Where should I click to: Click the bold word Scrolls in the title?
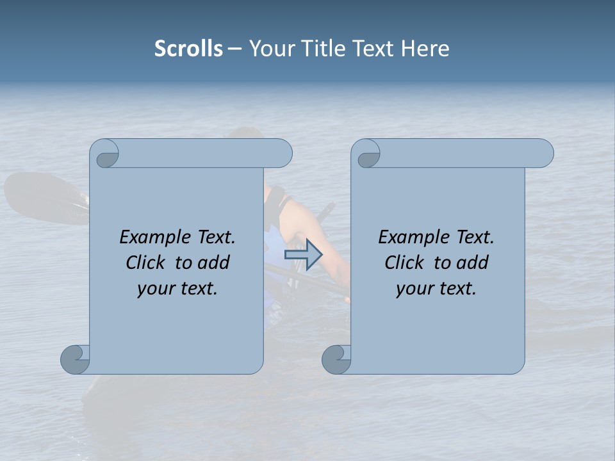click(x=188, y=48)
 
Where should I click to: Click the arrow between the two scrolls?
click(x=303, y=255)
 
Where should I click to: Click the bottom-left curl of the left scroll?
click(x=75, y=359)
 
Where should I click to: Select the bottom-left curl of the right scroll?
click(x=336, y=359)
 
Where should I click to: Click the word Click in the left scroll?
click(x=145, y=263)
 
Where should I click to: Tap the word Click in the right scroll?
click(x=404, y=263)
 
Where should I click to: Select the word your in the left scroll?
click(x=156, y=288)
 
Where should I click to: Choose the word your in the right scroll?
click(x=414, y=288)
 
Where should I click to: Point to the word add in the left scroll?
click(x=213, y=263)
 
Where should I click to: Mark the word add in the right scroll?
click(x=472, y=263)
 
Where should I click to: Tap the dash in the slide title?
click(x=235, y=49)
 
